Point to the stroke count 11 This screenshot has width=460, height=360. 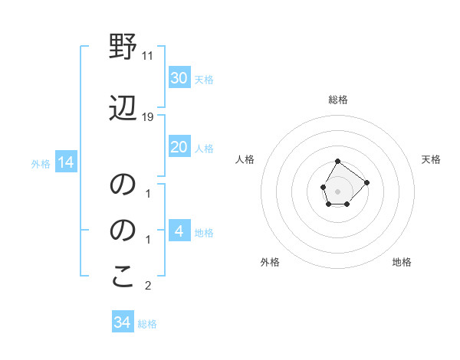148,56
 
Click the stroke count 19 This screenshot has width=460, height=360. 148,116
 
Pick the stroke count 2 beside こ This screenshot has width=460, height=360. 148,286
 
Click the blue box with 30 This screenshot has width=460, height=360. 179,78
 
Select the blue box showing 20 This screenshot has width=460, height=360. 179,147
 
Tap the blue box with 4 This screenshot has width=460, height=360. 179,231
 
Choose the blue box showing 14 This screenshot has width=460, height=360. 65,162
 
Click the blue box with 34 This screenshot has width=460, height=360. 122,322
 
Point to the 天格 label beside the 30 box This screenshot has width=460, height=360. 204,80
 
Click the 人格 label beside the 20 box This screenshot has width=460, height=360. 204,149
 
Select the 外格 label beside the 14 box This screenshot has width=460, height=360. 40,164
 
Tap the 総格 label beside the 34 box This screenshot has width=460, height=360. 147,324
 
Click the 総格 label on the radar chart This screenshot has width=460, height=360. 337,100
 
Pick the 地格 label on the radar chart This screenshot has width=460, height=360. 402,263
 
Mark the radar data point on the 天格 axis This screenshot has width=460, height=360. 366,182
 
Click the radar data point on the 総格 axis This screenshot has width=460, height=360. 337,161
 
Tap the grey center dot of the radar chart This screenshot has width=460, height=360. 337,190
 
